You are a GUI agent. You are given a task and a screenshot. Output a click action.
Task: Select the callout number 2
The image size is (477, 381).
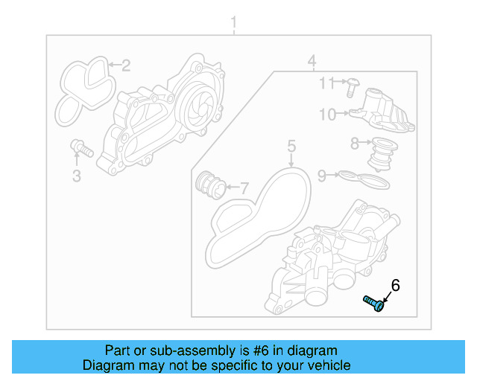126,65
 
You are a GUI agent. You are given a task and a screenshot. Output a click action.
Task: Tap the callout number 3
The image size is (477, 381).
76,176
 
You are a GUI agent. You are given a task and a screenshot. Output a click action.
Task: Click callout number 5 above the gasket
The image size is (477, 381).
291,145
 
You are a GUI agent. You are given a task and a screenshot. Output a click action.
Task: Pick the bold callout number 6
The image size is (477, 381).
395,285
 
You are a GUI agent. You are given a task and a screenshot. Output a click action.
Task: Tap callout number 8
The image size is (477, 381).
356,142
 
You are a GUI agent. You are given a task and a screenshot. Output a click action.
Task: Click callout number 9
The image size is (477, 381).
322,176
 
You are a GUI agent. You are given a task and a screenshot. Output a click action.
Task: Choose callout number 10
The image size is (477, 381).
328,114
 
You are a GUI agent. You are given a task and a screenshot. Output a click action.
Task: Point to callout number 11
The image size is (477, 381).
328,83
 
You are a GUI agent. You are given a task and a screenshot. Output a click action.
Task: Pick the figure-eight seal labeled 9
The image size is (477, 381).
363,179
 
